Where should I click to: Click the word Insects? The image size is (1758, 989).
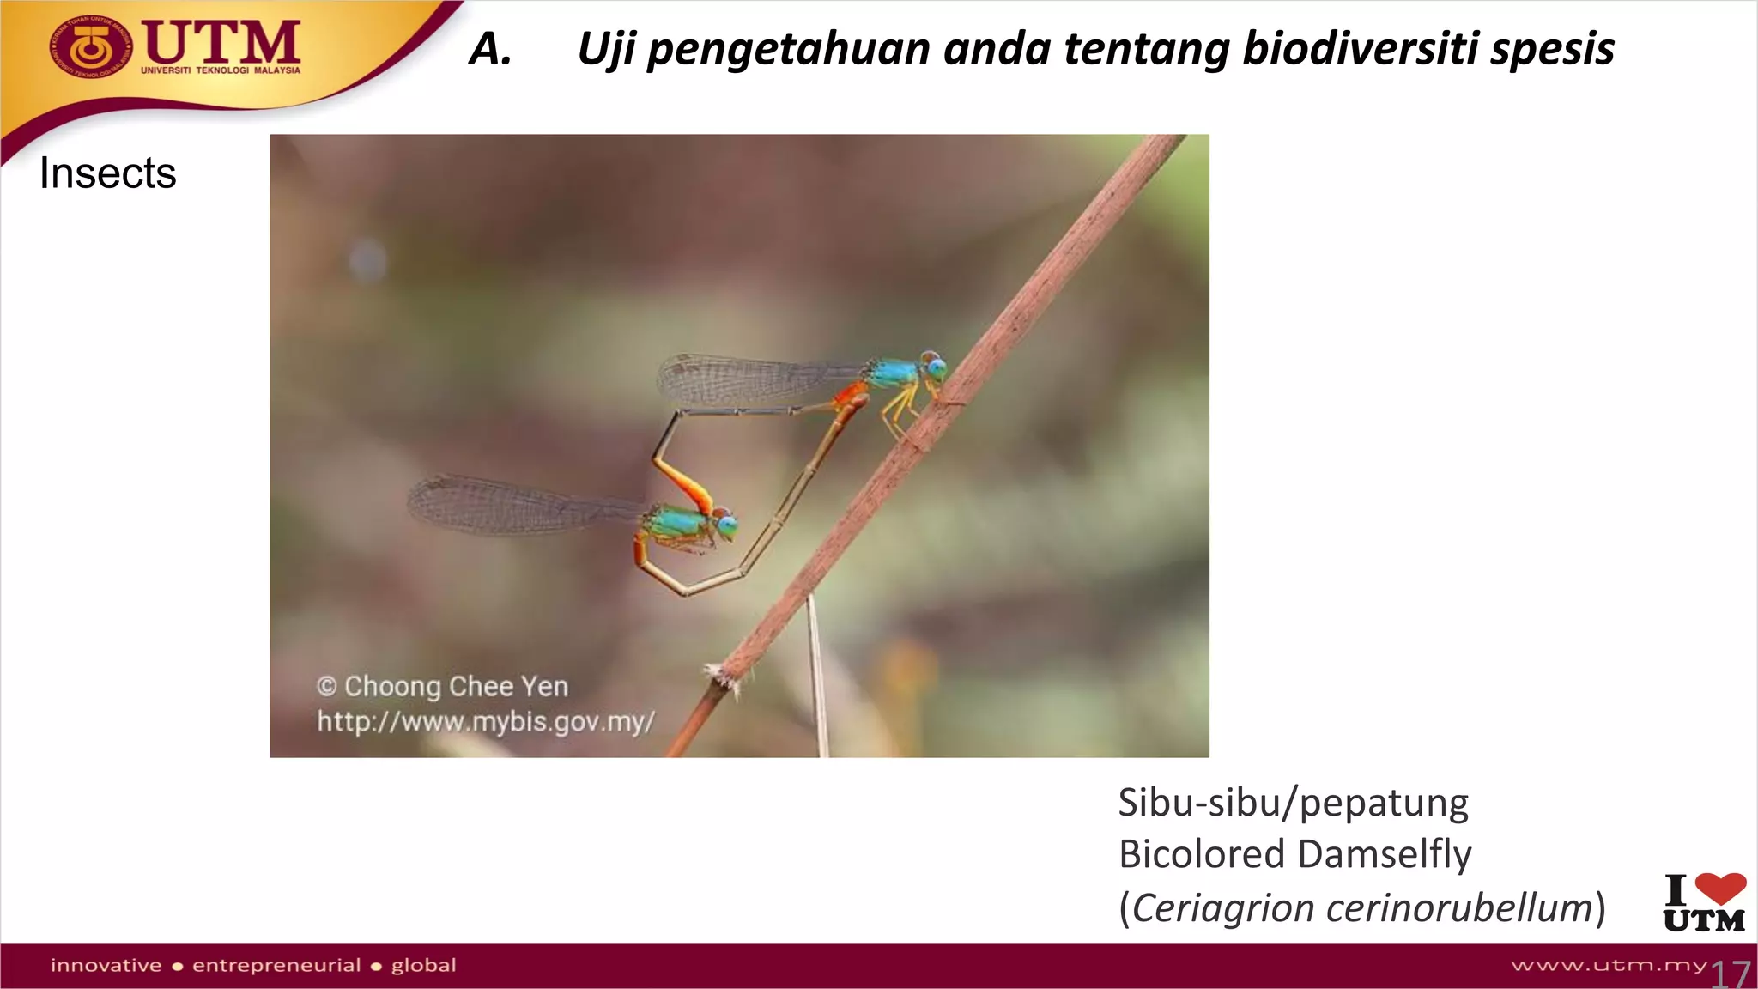point(108,173)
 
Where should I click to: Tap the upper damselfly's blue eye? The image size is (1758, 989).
point(936,370)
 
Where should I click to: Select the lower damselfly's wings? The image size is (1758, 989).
point(506,505)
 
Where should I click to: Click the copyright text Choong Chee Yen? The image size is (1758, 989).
point(455,687)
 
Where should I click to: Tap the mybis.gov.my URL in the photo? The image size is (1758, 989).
point(486,721)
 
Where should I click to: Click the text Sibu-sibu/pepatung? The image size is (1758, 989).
point(1293,804)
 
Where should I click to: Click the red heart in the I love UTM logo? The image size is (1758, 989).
point(1720,888)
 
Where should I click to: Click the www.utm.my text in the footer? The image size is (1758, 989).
point(1609,966)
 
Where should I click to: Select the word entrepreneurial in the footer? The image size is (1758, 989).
point(276,966)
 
